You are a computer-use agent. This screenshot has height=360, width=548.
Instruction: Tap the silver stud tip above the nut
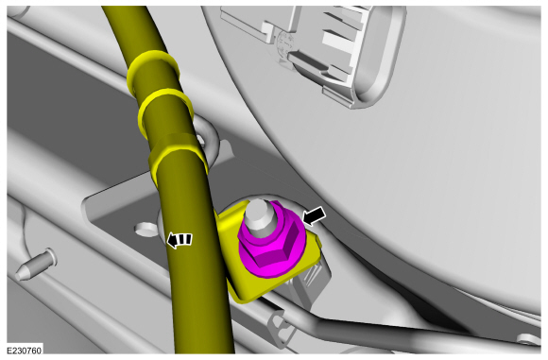(x=262, y=214)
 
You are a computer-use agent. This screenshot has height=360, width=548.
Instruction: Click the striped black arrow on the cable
(x=180, y=239)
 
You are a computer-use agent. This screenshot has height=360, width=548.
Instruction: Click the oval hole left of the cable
(x=144, y=230)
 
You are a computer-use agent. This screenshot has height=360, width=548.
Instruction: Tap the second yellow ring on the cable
(x=165, y=107)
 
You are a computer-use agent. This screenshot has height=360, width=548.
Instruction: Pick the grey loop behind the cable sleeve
(x=214, y=142)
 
